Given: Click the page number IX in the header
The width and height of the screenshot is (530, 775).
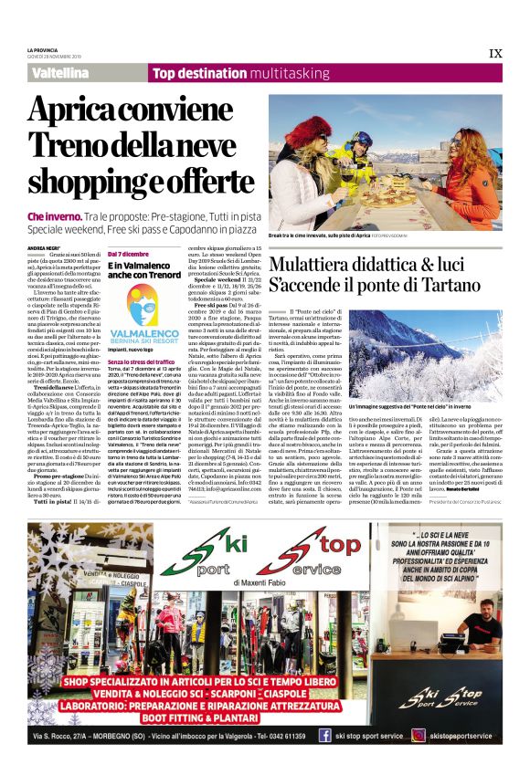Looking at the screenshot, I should (x=495, y=54).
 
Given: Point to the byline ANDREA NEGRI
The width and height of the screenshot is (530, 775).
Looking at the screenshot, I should (x=42, y=247).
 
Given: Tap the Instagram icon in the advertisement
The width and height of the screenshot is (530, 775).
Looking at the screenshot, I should (x=419, y=736).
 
